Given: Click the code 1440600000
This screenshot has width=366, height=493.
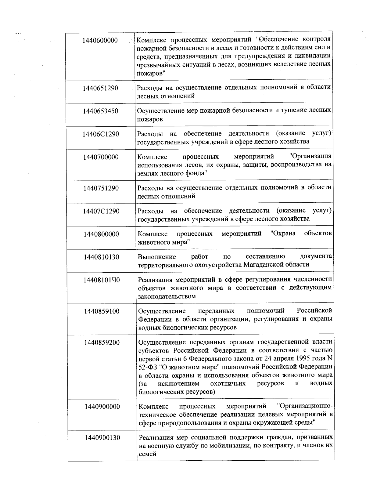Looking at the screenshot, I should [100, 41].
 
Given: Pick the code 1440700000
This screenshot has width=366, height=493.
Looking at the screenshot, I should [101, 157].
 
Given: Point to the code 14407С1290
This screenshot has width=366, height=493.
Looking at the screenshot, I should [101, 211].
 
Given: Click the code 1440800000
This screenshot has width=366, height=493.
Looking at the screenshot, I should [101, 234].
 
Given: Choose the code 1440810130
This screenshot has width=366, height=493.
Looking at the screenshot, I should [101, 257].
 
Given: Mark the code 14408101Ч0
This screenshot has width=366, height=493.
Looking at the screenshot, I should [102, 280].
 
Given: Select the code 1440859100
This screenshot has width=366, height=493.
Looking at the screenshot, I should [102, 311].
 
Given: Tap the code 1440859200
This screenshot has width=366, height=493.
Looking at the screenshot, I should [102, 343].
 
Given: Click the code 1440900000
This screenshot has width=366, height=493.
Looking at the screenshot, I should [102, 407].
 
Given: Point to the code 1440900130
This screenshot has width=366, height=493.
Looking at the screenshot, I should [102, 438].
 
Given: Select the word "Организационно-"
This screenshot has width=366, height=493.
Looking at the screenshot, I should [305, 406].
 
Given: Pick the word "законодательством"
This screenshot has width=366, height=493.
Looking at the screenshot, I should [167, 296].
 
